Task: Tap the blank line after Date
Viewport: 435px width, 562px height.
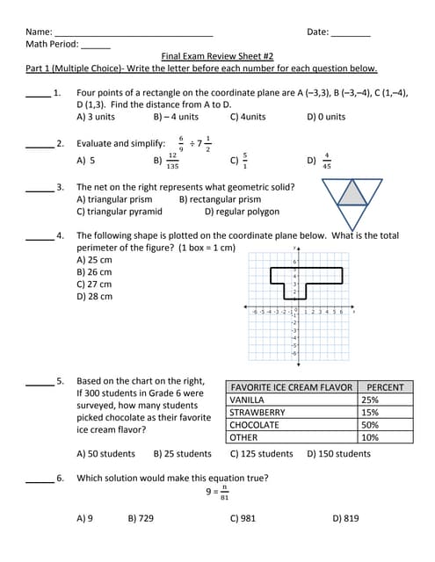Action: (351, 33)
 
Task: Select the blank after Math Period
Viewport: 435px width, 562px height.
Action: (96, 45)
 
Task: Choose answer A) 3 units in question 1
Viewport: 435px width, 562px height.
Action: (96, 117)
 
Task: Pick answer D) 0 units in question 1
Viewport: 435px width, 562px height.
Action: (326, 117)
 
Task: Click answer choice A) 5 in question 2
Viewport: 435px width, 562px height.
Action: (86, 161)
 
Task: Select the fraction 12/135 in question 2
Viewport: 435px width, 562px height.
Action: (172, 161)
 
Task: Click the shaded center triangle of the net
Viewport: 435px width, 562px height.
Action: (352, 191)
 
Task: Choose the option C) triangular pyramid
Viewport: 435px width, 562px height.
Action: (119, 212)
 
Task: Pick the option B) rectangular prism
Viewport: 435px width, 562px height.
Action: (220, 199)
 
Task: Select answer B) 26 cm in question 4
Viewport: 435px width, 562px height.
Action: (94, 272)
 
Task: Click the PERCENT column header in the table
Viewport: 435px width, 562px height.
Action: (386, 387)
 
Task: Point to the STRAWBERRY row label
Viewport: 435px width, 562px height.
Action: (257, 413)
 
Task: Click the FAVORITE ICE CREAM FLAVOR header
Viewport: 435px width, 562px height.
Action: (291, 387)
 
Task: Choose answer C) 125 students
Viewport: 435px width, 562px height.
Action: (261, 454)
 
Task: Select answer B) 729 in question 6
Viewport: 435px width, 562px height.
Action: (141, 518)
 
